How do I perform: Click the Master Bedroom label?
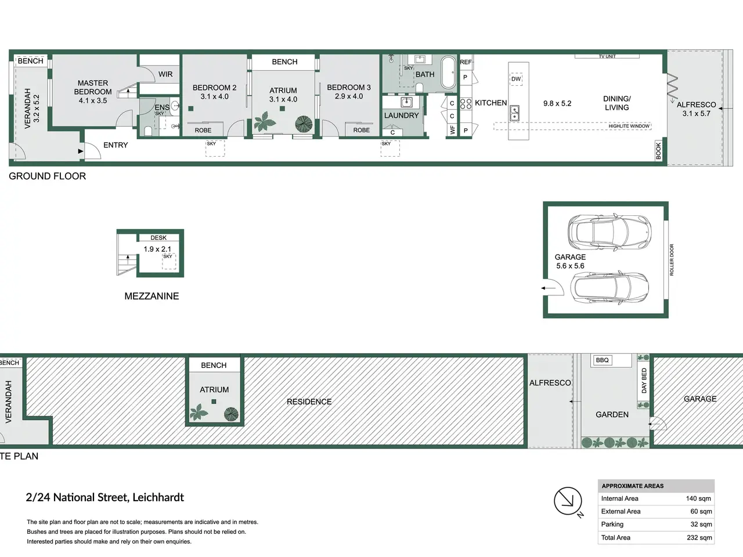pyautogui.click(x=93, y=87)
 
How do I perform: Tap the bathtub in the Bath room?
pyautogui.click(x=449, y=73)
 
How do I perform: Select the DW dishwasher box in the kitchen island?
pyautogui.click(x=516, y=79)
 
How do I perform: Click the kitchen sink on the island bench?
pyautogui.click(x=514, y=113)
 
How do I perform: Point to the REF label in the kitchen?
pyautogui.click(x=466, y=62)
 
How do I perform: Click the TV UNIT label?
pyautogui.click(x=607, y=56)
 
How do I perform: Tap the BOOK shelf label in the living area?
pyautogui.click(x=658, y=150)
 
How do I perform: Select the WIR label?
pyautogui.click(x=165, y=74)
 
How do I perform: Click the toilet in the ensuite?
pyautogui.click(x=148, y=131)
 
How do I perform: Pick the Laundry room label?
pyautogui.click(x=402, y=115)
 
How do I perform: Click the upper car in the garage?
pyautogui.click(x=609, y=232)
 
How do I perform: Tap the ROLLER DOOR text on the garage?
pyautogui.click(x=672, y=260)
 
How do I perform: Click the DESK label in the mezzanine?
pyautogui.click(x=158, y=238)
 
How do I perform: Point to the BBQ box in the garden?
pyautogui.click(x=602, y=360)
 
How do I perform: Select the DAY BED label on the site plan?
pyautogui.click(x=644, y=381)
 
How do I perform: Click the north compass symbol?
pyautogui.click(x=568, y=501)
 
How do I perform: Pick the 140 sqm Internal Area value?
pyautogui.click(x=699, y=498)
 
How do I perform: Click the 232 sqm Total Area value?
pyautogui.click(x=699, y=538)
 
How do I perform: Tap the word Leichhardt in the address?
pyautogui.click(x=158, y=497)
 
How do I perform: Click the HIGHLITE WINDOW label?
pyautogui.click(x=629, y=126)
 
